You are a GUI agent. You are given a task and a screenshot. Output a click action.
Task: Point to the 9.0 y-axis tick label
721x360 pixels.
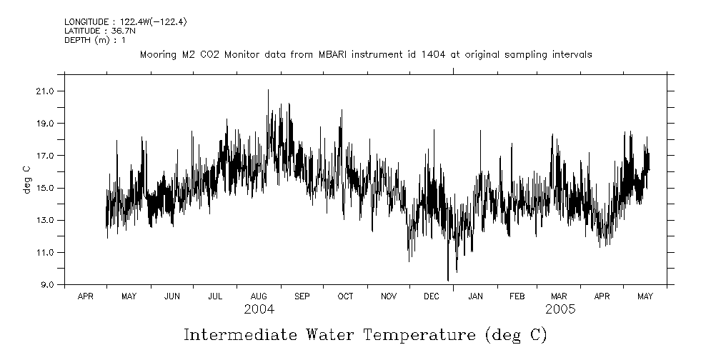(47, 285)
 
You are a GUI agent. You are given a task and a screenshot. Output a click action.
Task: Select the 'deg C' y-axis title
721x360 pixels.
(26, 179)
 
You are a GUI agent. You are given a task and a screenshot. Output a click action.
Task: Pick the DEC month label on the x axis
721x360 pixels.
(431, 296)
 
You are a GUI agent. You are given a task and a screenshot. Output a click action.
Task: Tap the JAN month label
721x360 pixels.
(474, 296)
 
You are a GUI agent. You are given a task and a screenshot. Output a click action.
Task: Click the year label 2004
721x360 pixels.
(258, 309)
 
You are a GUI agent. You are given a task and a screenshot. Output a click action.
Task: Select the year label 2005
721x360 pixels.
(560, 309)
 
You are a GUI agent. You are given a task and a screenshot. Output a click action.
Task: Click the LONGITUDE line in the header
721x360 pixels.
(125, 22)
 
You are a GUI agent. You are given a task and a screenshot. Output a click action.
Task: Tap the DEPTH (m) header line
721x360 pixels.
(94, 40)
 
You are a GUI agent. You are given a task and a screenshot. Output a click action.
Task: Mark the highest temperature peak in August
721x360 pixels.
(268, 90)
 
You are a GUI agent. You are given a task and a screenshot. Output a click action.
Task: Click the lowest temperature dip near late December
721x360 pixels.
(448, 280)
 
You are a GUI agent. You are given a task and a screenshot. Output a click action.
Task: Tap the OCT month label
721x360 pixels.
(345, 296)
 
